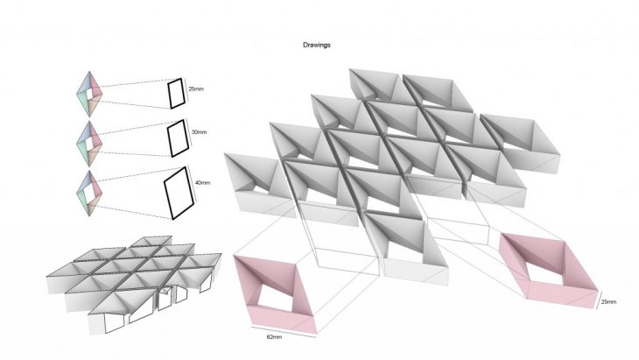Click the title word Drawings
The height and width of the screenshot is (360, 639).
pos(317,45)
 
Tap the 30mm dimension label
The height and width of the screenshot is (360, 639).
pos(199,132)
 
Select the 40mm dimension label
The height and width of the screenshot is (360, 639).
pos(202,183)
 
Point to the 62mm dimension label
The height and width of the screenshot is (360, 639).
pos(274,337)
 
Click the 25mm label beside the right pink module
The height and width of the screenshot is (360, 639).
pos(609,301)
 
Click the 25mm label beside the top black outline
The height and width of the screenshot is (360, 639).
pos(196,88)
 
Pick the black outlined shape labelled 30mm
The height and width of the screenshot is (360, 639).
pos(178,138)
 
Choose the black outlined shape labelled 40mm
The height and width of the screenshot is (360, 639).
pos(179,193)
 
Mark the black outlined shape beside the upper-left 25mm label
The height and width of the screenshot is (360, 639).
pos(177,94)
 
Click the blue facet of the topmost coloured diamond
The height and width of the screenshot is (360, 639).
pos(83,85)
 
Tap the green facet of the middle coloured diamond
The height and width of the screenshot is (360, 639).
pos(83,151)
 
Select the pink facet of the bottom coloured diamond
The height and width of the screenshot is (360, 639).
pos(95,184)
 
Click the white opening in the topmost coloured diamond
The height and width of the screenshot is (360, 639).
pos(89,95)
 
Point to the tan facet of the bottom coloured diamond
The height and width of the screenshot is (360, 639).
pos(95,204)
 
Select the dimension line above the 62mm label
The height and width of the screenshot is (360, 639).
pos(284,331)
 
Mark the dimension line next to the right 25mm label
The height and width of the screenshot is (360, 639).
pos(598,300)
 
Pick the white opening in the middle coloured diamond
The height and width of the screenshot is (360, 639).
pos(89,144)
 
